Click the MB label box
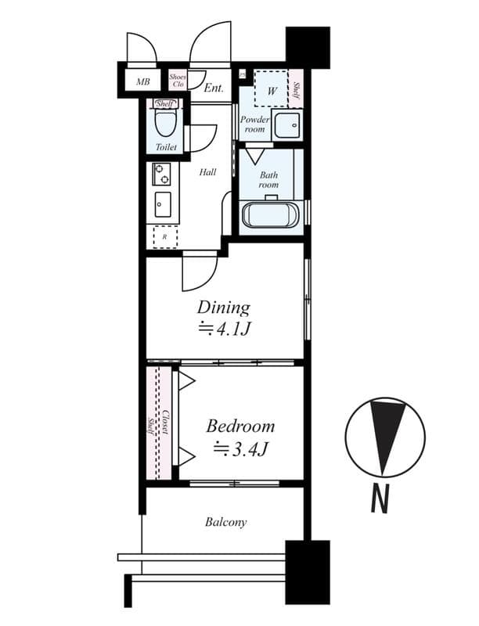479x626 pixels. (x=143, y=81)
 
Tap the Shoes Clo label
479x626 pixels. (x=178, y=80)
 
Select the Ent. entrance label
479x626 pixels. (x=214, y=88)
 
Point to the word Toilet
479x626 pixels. (x=166, y=147)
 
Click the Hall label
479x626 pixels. (x=207, y=172)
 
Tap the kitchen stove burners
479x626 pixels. (x=162, y=174)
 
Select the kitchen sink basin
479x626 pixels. (x=163, y=205)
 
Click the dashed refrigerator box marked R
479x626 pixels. (x=164, y=236)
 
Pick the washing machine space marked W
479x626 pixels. (x=272, y=92)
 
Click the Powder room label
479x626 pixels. (x=254, y=124)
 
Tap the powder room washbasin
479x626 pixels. (x=287, y=125)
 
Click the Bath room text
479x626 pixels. (x=268, y=181)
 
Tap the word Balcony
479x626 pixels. (x=226, y=522)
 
